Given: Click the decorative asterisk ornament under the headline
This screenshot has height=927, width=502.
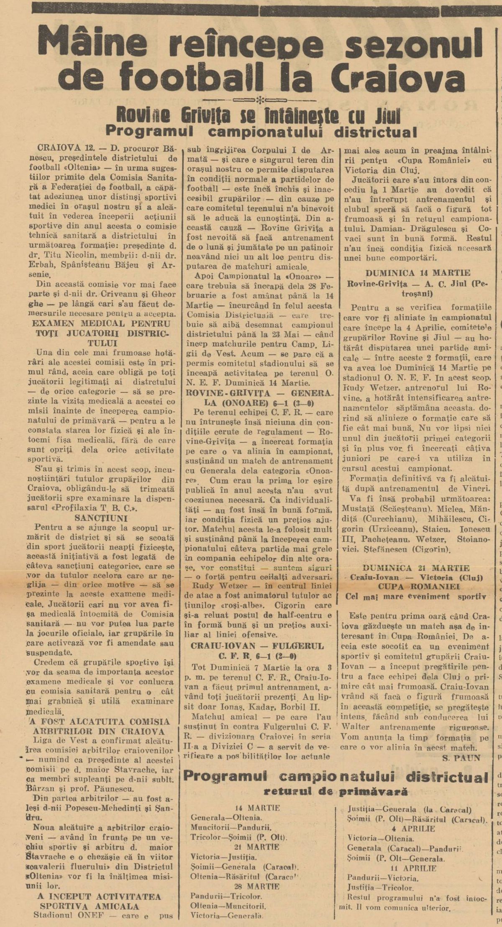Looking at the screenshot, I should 260,101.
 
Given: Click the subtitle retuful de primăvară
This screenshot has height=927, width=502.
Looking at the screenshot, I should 336,768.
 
